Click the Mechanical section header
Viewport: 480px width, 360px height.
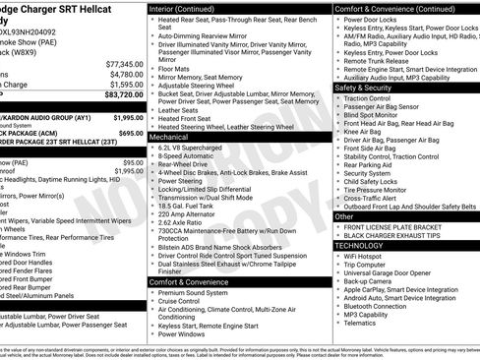tap(169, 137)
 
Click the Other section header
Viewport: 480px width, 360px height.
tap(345, 215)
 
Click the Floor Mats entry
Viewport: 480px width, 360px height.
tap(174, 68)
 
